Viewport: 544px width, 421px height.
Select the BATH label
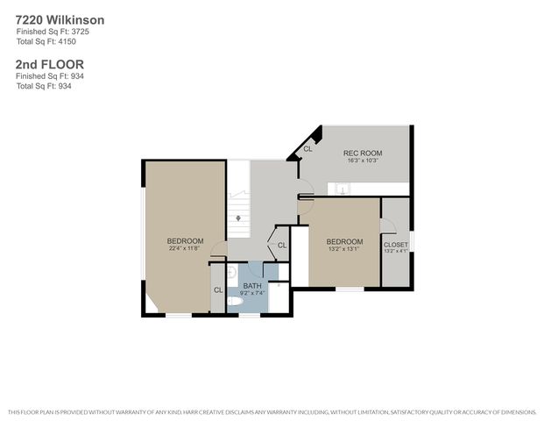pos(252,286)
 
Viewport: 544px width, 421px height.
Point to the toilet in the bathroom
pos(234,301)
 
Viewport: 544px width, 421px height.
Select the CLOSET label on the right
pos(396,245)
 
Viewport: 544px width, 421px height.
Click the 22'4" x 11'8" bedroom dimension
pos(186,249)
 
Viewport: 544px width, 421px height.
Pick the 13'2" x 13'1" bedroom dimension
pos(344,250)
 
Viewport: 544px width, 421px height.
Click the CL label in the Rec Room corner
pos(307,149)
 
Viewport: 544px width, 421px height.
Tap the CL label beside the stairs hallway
pos(282,245)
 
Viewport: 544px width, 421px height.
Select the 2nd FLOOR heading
pos(49,64)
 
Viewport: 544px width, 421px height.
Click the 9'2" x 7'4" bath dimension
pos(252,294)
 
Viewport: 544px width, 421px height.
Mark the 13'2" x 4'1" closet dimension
pos(396,252)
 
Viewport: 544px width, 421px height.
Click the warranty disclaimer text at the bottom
pos(272,411)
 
